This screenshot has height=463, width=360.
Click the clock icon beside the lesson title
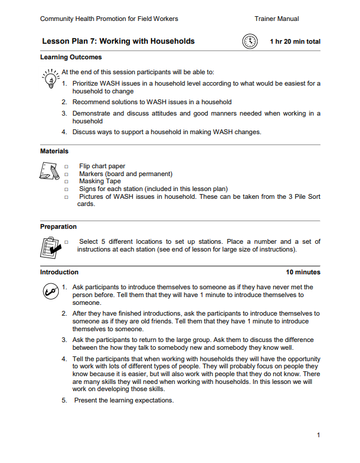tap(250, 41)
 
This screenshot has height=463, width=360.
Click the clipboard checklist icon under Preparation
tap(49, 246)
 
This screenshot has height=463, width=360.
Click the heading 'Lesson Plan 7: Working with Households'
tap(118, 41)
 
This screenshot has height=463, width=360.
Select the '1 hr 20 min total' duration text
tap(295, 42)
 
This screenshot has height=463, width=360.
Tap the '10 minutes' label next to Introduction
tap(303, 272)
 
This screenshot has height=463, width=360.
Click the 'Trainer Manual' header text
tap(277, 19)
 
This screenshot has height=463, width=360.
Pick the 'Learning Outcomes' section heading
tap(71, 58)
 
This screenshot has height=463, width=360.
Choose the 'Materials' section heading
tap(54, 152)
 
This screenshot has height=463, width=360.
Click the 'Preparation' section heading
tap(58, 226)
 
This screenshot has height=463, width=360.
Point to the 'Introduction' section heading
tap(59, 272)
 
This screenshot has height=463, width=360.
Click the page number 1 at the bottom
tap(319, 435)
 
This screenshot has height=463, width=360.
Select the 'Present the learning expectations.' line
tap(124, 400)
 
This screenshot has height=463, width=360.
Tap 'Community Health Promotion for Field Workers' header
tap(109, 19)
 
